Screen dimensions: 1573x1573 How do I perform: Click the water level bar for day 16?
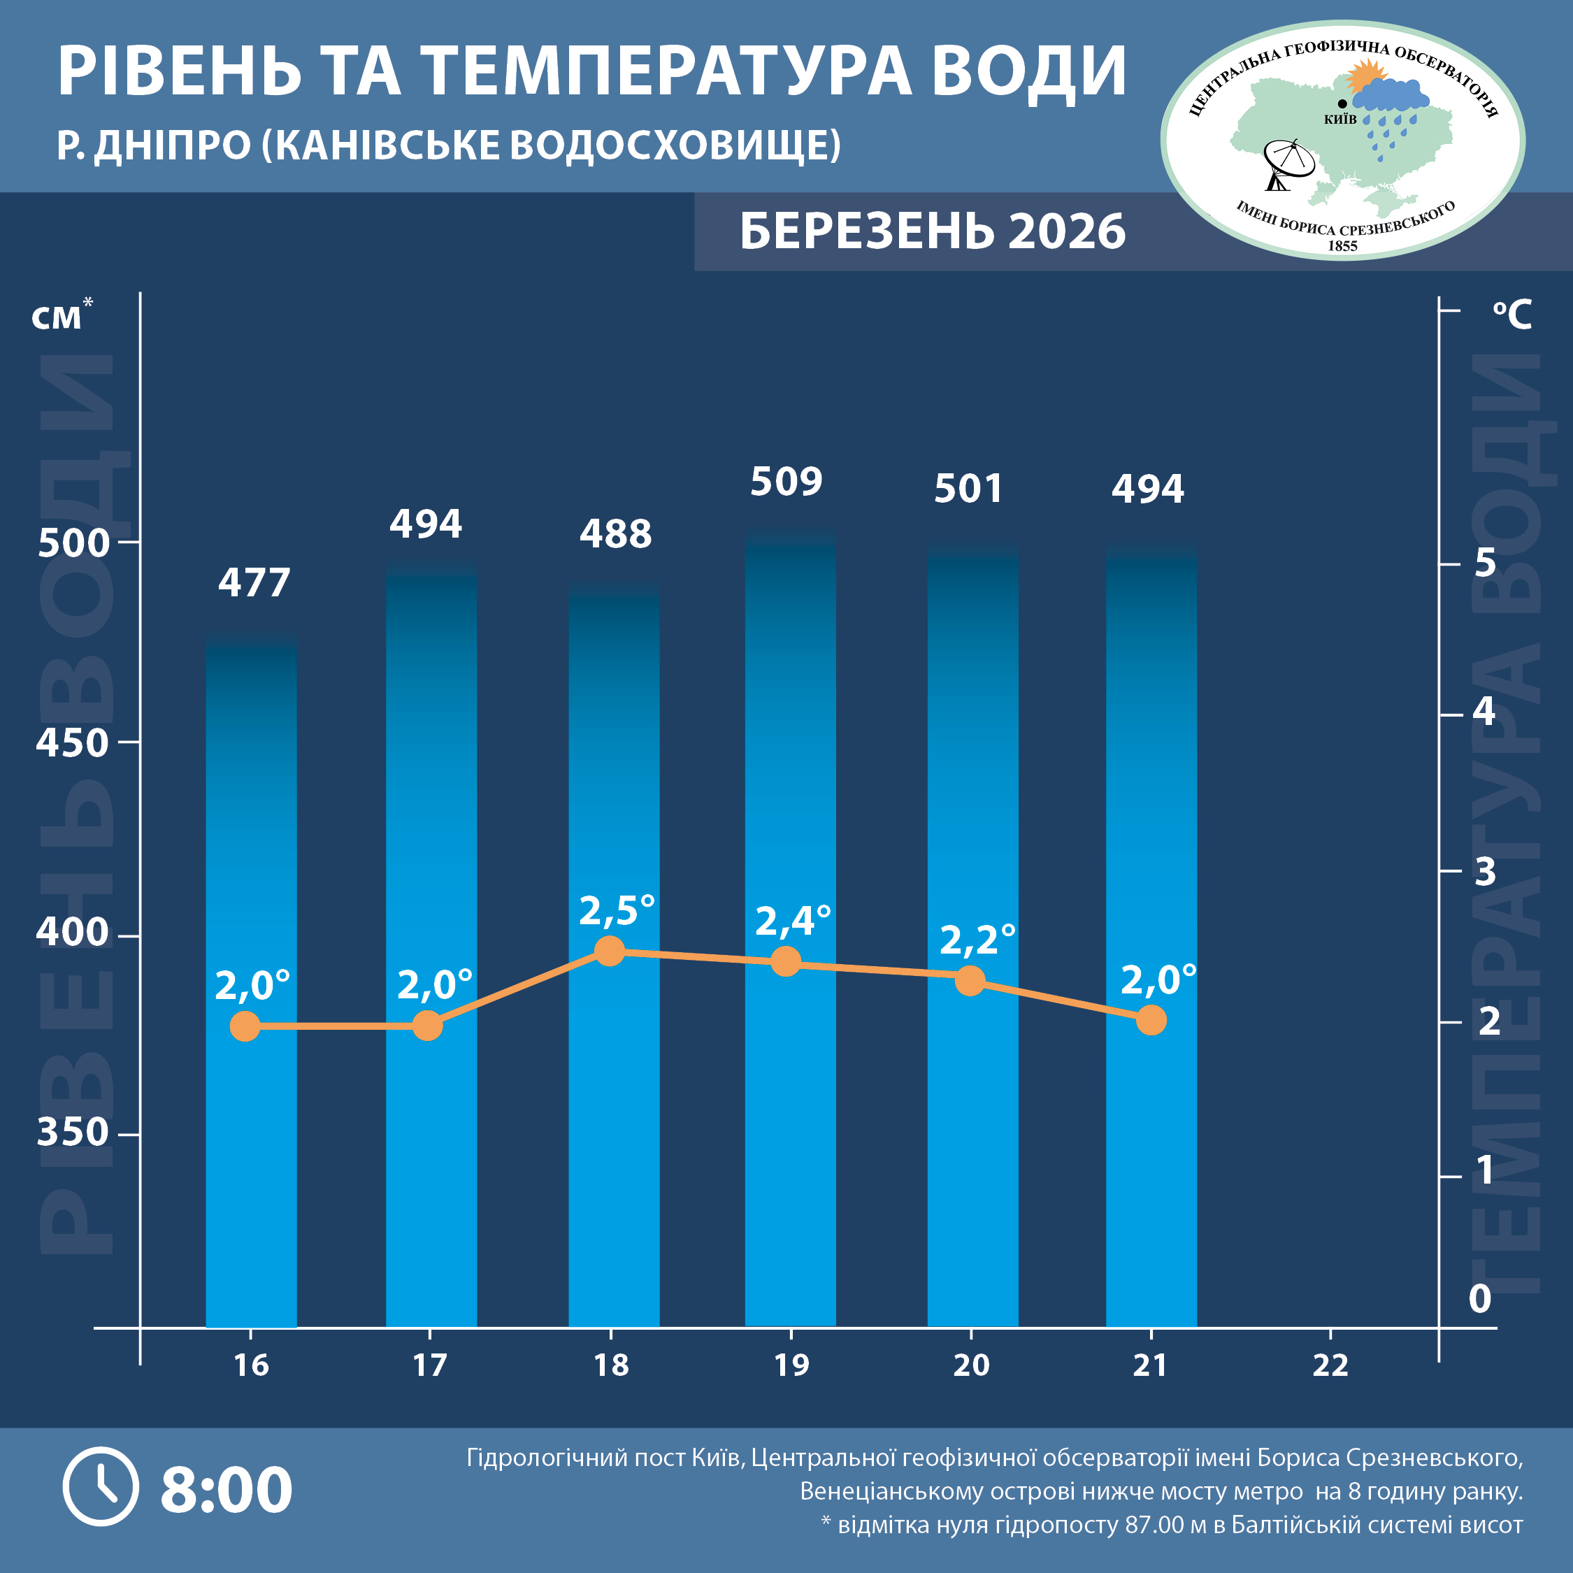click(251, 977)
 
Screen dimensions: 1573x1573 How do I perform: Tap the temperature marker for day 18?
click(610, 950)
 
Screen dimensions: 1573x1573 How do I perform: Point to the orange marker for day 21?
click(1151, 1019)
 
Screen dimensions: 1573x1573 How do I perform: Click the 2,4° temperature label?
click(793, 921)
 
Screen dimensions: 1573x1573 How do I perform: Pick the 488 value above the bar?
click(615, 534)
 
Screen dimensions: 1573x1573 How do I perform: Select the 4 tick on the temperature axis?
click(1484, 712)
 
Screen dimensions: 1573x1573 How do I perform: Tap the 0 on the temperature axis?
click(1479, 1299)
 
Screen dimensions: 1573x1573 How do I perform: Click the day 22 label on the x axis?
click(1330, 1365)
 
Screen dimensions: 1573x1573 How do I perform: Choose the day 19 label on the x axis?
click(791, 1365)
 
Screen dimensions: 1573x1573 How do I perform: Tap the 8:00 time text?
click(226, 1489)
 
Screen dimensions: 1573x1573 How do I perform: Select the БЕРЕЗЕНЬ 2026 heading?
click(932, 231)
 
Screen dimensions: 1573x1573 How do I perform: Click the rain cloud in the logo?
click(1391, 98)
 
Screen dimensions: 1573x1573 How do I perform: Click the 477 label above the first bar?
click(254, 582)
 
